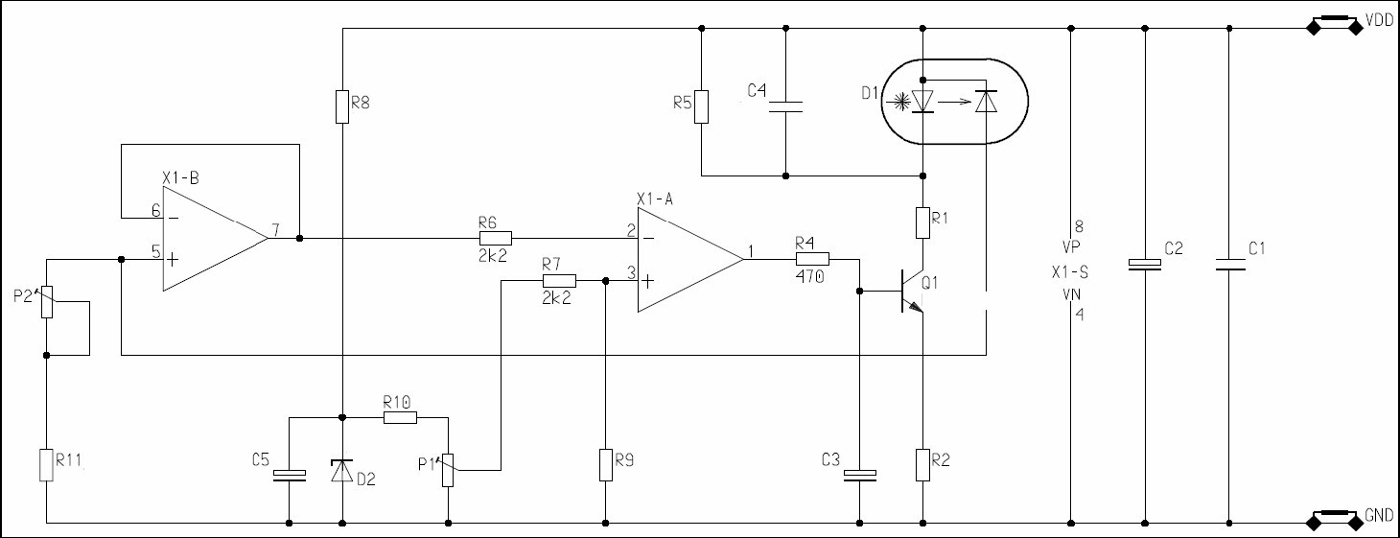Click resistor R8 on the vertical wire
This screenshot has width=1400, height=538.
[x=342, y=106]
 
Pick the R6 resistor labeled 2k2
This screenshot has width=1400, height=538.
[x=495, y=238]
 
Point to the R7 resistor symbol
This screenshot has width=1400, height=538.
[x=559, y=281]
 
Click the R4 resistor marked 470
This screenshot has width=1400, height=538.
[x=811, y=259]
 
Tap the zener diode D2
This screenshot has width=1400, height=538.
[x=342, y=471]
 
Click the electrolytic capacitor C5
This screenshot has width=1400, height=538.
[x=290, y=475]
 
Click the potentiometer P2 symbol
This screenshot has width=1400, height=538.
[x=46, y=304]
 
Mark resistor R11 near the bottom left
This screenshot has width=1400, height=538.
[x=46, y=464]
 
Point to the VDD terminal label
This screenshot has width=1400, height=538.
[x=1378, y=19]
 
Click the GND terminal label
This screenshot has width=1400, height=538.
[x=1378, y=515]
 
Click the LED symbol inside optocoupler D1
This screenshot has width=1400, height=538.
[x=922, y=101]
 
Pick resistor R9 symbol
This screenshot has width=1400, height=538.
[x=605, y=464]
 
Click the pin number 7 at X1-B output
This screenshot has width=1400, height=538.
[x=276, y=230]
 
